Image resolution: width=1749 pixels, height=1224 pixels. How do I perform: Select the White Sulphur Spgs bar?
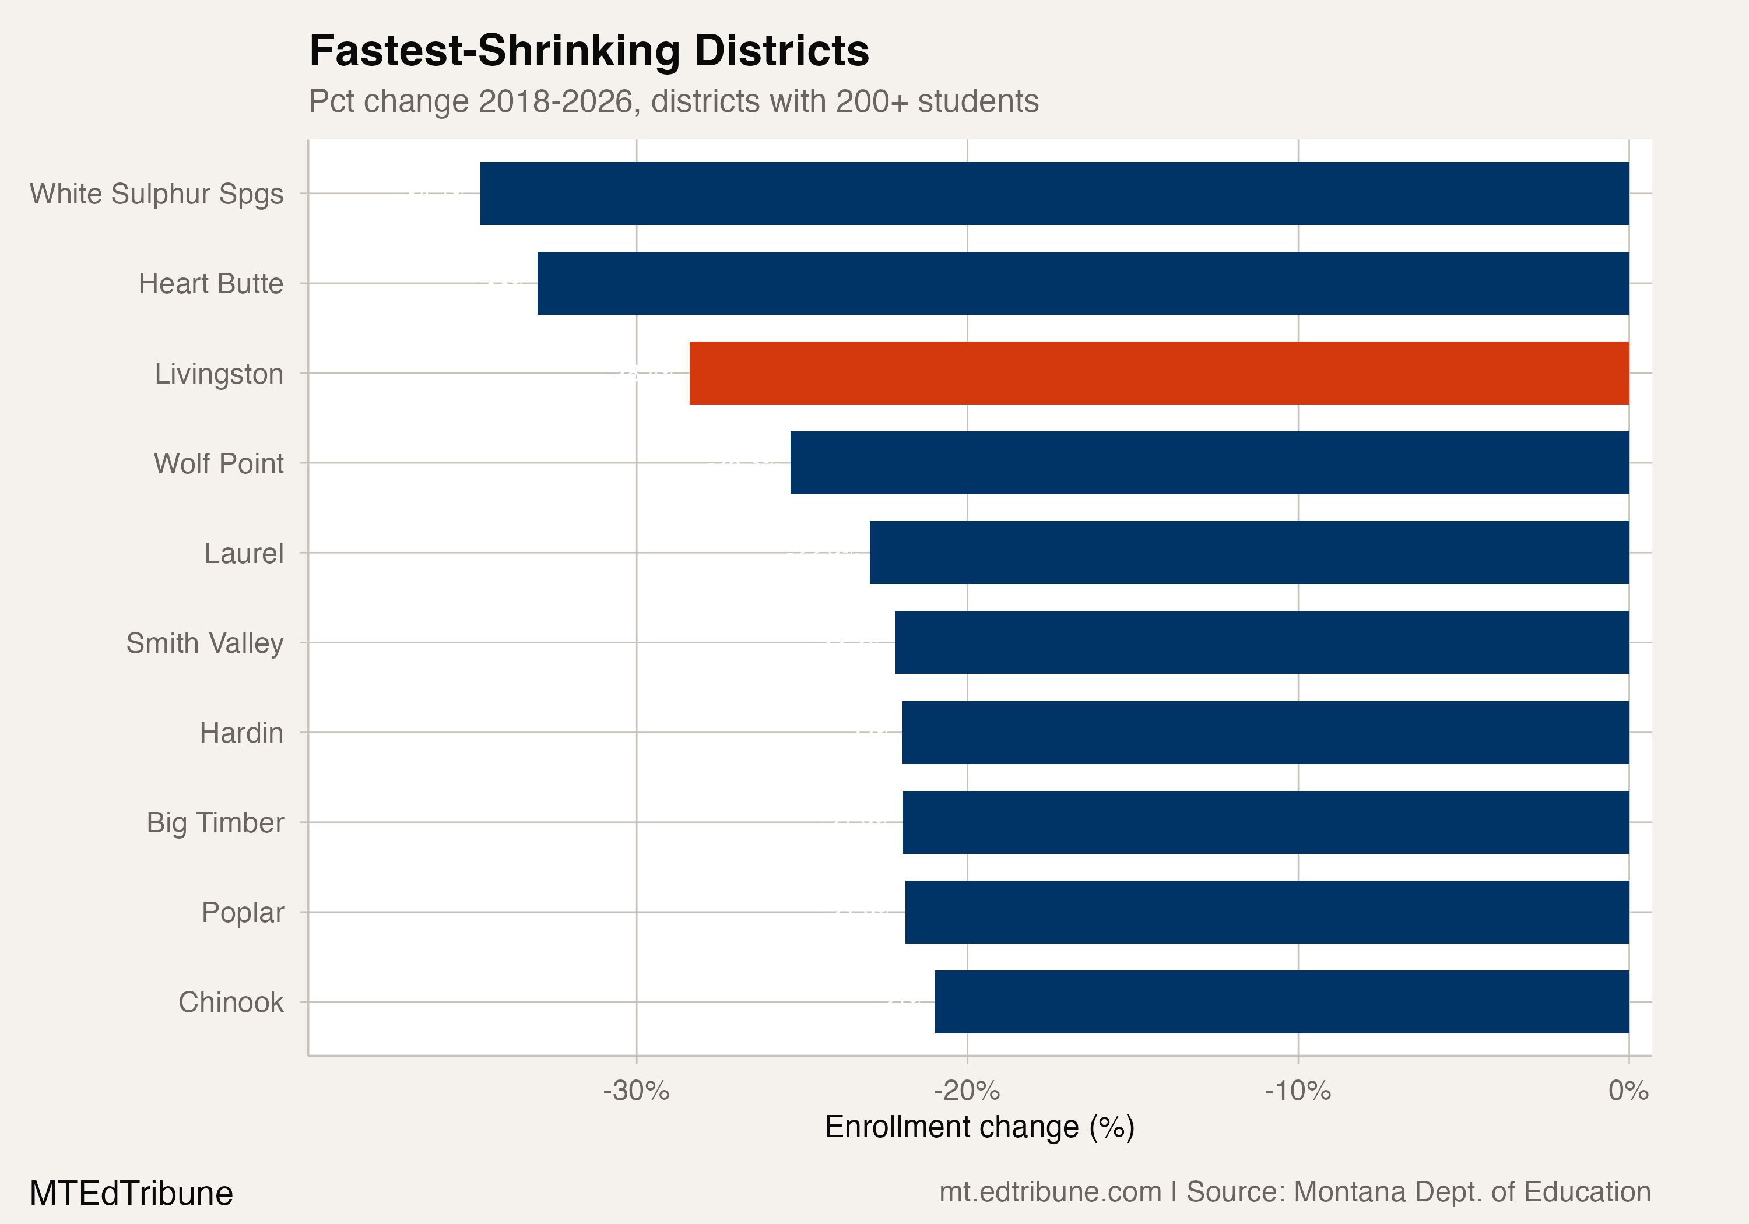pos(1054,194)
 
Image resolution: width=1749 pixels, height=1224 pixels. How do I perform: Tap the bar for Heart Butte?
pos(1083,283)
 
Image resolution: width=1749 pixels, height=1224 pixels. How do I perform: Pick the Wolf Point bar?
pos(1209,463)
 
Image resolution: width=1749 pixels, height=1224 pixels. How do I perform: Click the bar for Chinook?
pos(1281,1001)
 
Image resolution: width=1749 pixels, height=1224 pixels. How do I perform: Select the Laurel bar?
pos(1249,553)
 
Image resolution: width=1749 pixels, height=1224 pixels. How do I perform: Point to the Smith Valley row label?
pos(204,643)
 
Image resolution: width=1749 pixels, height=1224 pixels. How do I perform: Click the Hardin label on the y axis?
pos(241,733)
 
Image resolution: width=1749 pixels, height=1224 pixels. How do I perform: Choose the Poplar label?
pos(243,913)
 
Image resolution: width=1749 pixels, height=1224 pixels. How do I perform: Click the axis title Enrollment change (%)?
pos(979,1127)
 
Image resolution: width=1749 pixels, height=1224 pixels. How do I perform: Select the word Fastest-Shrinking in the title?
pos(494,51)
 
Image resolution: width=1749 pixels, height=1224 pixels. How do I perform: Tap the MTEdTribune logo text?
pos(131,1193)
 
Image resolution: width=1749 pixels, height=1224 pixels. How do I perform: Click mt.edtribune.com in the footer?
pos(1050,1192)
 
